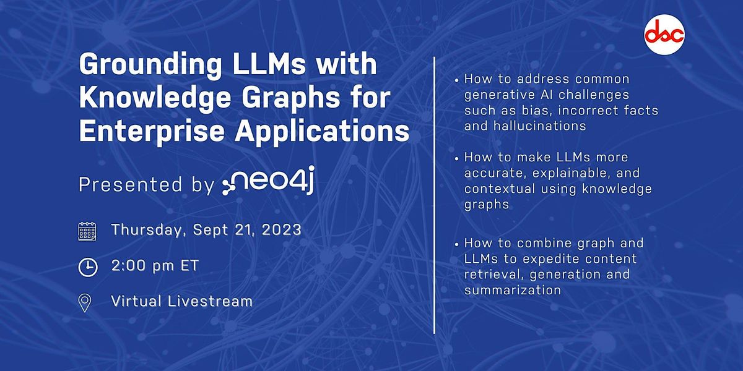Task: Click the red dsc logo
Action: (664, 36)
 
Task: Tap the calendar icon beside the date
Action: (87, 231)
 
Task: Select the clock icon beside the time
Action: (87, 267)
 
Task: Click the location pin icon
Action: (85, 302)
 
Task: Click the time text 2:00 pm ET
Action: (155, 266)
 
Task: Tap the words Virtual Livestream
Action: (182, 301)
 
